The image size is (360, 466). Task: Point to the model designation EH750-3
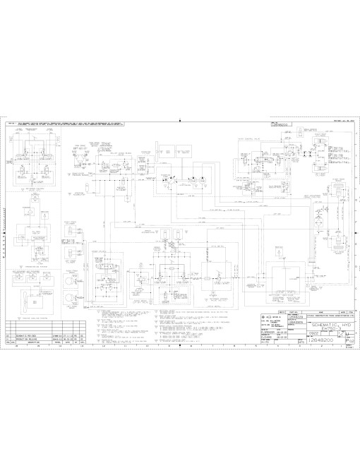click(330, 330)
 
